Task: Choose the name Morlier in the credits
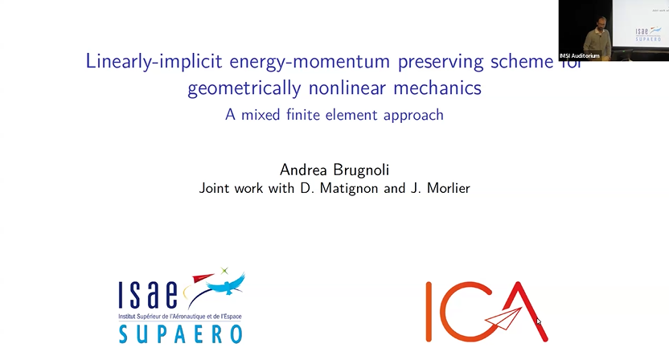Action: coord(445,189)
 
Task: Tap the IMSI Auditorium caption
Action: coord(580,55)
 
